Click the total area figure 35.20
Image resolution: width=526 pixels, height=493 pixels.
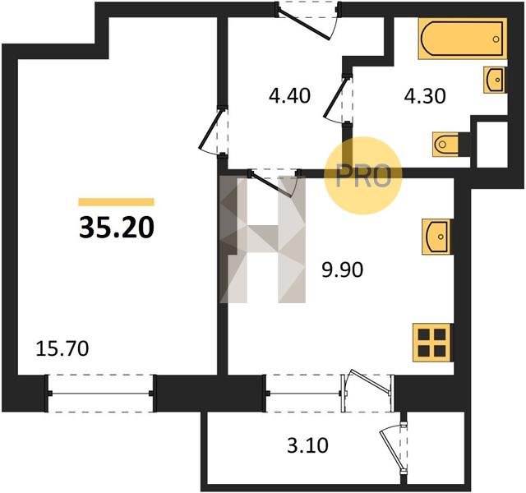(117, 228)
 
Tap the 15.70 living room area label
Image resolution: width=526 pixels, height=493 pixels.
(62, 348)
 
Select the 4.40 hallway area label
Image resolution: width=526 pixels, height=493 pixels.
(289, 95)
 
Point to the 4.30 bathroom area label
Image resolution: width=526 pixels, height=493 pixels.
(425, 96)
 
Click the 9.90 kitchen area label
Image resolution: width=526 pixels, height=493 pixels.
(343, 270)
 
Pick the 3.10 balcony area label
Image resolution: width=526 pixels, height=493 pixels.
(307, 446)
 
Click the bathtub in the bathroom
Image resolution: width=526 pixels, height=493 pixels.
(462, 39)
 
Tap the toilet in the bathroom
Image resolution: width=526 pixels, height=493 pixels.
(446, 145)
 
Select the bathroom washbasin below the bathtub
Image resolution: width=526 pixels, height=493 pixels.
(494, 80)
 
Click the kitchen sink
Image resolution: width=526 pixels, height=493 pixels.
(436, 237)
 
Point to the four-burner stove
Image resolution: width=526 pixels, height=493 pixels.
(432, 343)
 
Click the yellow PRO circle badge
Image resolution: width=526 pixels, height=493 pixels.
(363, 175)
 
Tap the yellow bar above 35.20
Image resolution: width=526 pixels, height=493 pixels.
(117, 202)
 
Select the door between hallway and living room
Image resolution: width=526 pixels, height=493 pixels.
(212, 131)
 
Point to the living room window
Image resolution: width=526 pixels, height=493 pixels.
(101, 393)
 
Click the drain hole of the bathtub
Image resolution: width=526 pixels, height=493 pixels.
(496, 39)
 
